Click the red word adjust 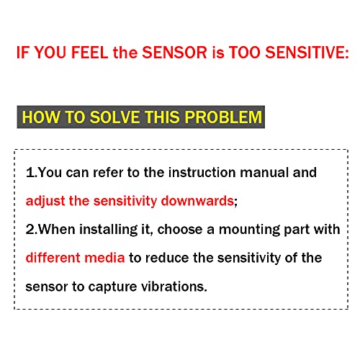click(x=45, y=201)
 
